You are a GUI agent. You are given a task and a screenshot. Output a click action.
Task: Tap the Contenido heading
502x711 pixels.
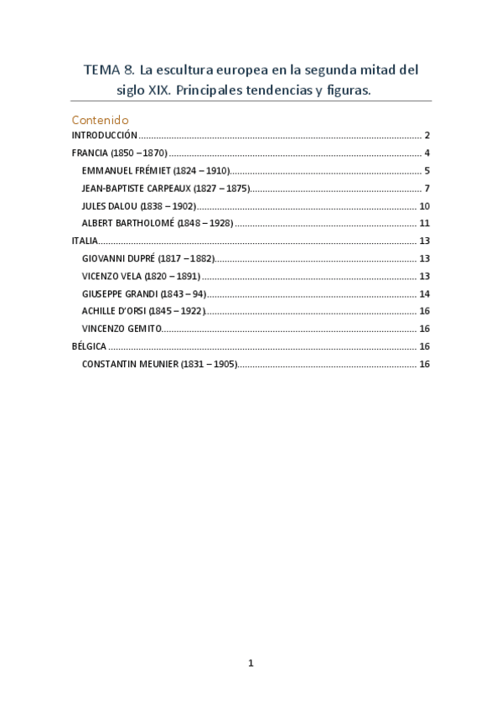click(x=100, y=120)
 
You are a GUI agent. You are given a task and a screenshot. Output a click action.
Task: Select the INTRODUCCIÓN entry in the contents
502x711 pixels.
click(x=104, y=135)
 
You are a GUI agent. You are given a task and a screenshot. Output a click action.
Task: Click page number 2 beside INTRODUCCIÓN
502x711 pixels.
click(x=427, y=135)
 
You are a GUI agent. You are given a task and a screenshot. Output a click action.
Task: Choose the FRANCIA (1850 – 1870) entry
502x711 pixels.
click(x=120, y=153)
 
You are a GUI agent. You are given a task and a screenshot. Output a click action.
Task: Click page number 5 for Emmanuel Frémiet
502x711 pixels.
click(x=427, y=170)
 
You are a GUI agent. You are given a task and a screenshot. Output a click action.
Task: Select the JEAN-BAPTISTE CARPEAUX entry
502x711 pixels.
click(x=166, y=188)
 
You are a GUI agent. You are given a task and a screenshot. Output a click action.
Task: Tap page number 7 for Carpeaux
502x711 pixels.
click(x=427, y=188)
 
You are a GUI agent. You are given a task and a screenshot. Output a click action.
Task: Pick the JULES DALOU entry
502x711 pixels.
click(x=139, y=205)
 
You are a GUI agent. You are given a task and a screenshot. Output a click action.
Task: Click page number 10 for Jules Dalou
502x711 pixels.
click(x=424, y=205)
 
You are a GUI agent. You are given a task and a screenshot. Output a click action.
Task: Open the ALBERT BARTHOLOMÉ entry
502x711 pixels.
click(x=158, y=223)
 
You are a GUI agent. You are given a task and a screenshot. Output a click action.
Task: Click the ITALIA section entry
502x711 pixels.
click(x=85, y=241)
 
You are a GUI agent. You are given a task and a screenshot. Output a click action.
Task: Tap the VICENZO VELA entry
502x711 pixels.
click(x=141, y=276)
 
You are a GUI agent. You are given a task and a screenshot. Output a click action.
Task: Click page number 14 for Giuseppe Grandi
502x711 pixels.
click(x=424, y=293)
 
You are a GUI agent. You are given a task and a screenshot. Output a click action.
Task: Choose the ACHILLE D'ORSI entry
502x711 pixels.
click(x=143, y=311)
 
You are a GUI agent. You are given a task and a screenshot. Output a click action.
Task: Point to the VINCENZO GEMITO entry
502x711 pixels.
click(x=122, y=329)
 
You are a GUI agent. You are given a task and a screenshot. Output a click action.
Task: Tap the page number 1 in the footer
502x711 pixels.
click(x=251, y=663)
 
